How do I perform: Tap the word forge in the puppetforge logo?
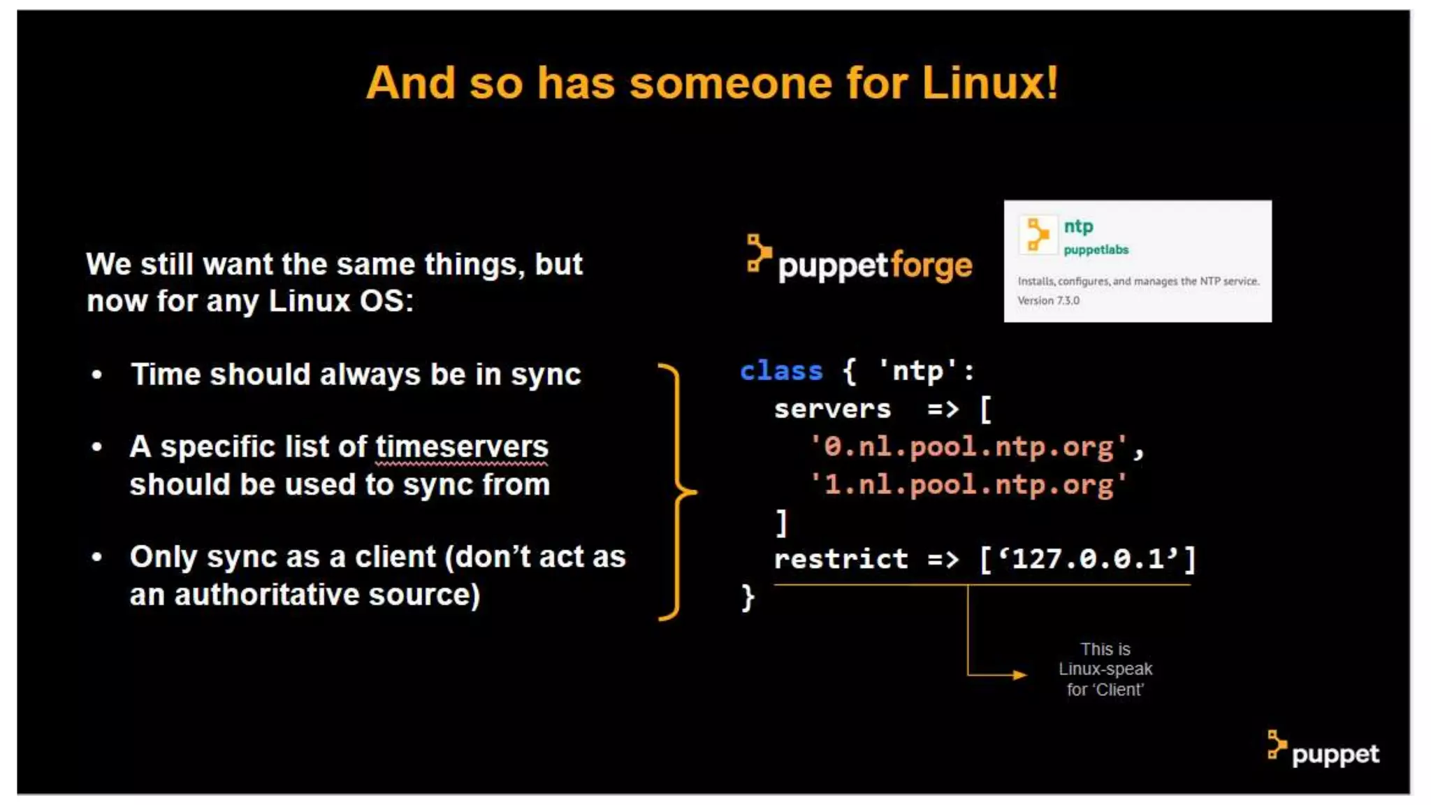click(931, 266)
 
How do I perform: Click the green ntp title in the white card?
click(1078, 226)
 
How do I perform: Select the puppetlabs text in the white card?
click(1096, 250)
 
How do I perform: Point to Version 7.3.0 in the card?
click(1048, 300)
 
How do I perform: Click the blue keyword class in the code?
click(781, 371)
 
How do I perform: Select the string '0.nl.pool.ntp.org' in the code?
click(968, 447)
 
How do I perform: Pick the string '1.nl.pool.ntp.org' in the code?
click(968, 485)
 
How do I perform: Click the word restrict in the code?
click(841, 559)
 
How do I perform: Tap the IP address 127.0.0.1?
click(1088, 559)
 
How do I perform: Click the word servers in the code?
click(832, 409)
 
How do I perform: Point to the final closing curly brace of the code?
click(748, 598)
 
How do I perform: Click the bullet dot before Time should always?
click(97, 375)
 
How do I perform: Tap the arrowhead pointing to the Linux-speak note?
click(1021, 675)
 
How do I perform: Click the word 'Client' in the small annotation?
click(1119, 690)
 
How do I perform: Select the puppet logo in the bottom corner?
click(1323, 751)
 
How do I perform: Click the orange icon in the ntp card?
click(1038, 234)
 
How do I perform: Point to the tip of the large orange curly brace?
click(695, 492)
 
